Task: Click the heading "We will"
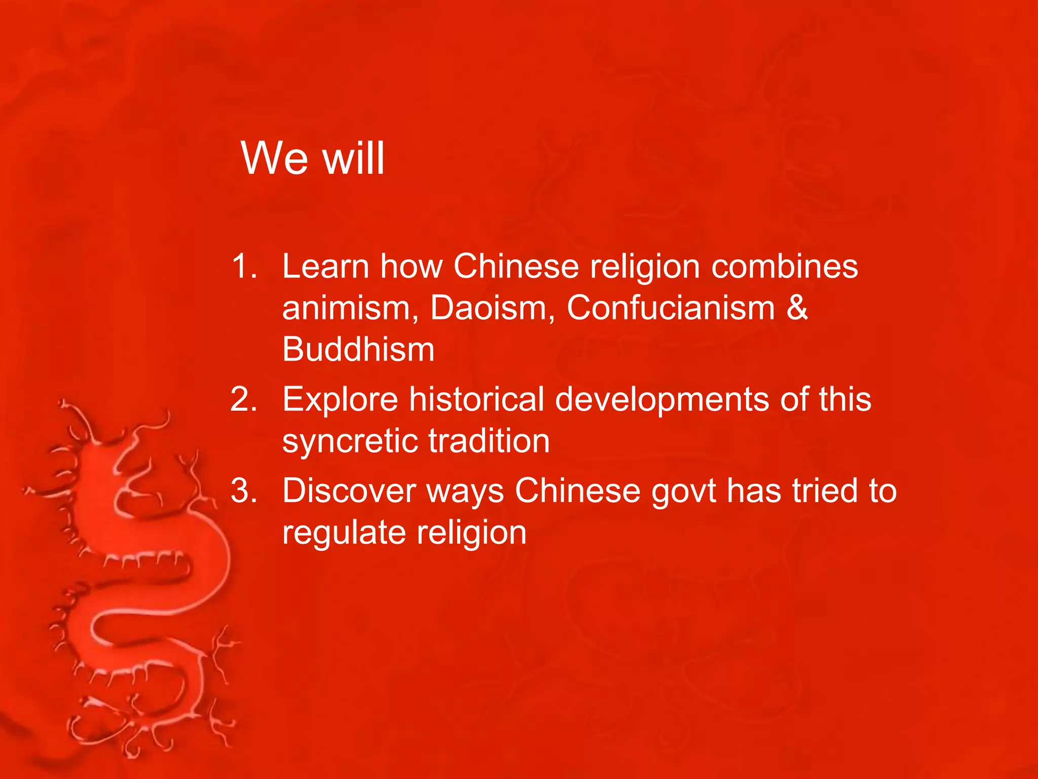point(313,158)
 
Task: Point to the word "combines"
point(784,266)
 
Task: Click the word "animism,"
point(350,308)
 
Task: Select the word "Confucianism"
point(671,308)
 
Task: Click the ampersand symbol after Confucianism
point(797,308)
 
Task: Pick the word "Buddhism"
point(358,349)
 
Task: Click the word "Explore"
point(340,400)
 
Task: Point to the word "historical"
point(476,400)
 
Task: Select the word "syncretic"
point(349,441)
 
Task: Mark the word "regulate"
point(344,534)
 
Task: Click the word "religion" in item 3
point(472,534)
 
